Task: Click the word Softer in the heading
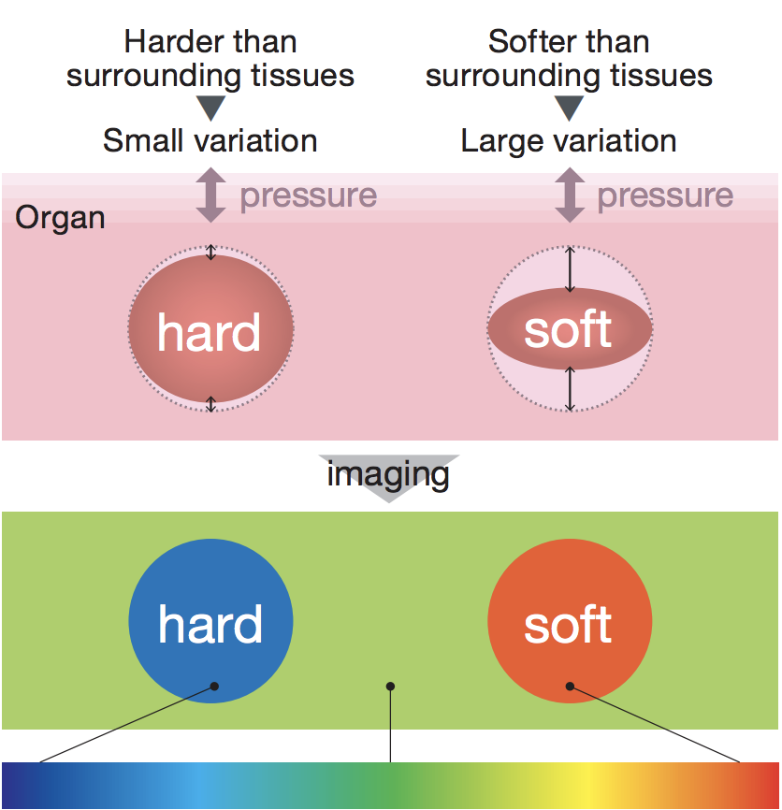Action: click(529, 41)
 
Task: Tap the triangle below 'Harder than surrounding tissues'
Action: click(210, 108)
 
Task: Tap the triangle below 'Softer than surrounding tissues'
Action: click(570, 108)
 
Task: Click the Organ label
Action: click(60, 218)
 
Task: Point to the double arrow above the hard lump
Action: click(210, 195)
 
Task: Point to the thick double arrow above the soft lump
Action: click(570, 195)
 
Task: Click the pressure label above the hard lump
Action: click(309, 196)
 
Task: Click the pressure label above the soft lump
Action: click(665, 196)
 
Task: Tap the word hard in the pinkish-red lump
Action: click(209, 333)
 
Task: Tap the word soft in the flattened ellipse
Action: click(568, 329)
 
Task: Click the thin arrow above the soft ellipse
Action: click(570, 269)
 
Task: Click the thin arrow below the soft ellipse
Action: click(570, 389)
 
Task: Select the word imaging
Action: click(388, 474)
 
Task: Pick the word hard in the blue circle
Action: click(210, 625)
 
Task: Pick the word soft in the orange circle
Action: click(568, 624)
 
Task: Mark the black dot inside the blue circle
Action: click(214, 686)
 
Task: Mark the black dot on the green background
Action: click(390, 686)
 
